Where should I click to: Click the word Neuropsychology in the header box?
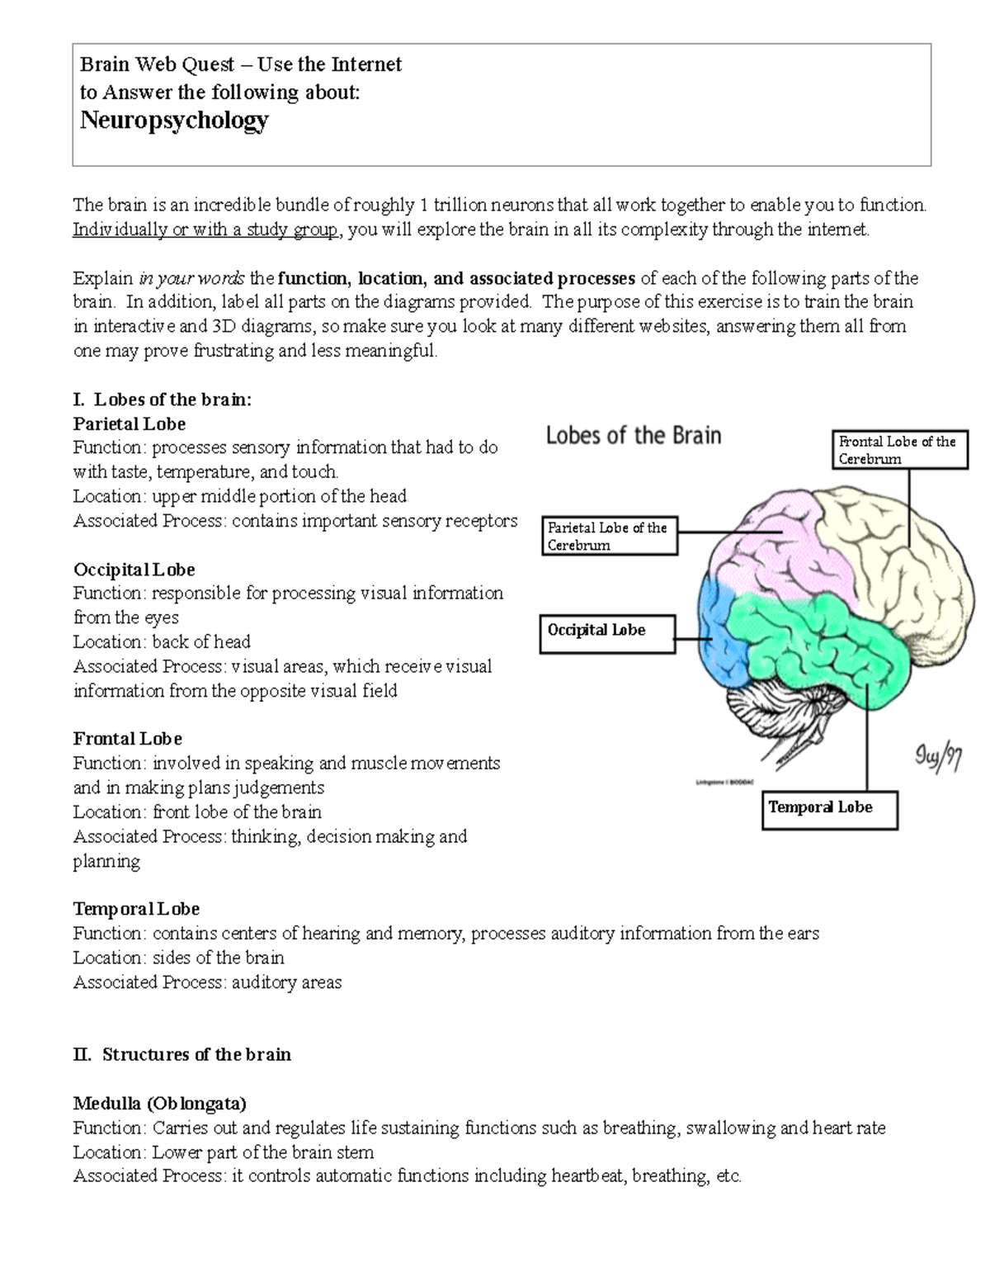pos(174,121)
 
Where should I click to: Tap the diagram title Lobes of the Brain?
pos(634,435)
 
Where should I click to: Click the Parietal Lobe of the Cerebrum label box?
pos(609,536)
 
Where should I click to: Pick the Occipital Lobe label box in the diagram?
pos(607,633)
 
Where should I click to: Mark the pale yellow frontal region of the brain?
pos(891,561)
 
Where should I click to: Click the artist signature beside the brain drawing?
pos(938,756)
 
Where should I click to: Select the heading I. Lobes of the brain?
pos(163,400)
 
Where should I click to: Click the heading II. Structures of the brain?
pos(181,1054)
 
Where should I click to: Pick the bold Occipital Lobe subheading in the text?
pos(134,570)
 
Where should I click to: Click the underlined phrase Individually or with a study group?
pos(205,229)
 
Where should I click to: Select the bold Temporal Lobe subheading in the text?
pos(136,909)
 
